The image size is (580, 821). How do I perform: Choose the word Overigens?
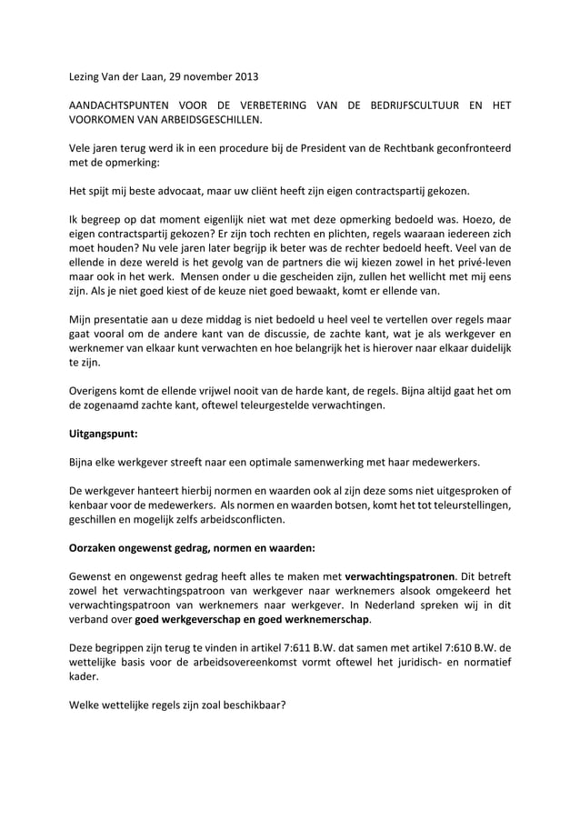[97, 392]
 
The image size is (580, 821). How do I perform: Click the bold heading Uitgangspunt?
[105, 435]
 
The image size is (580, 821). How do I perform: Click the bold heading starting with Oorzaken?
[193, 548]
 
